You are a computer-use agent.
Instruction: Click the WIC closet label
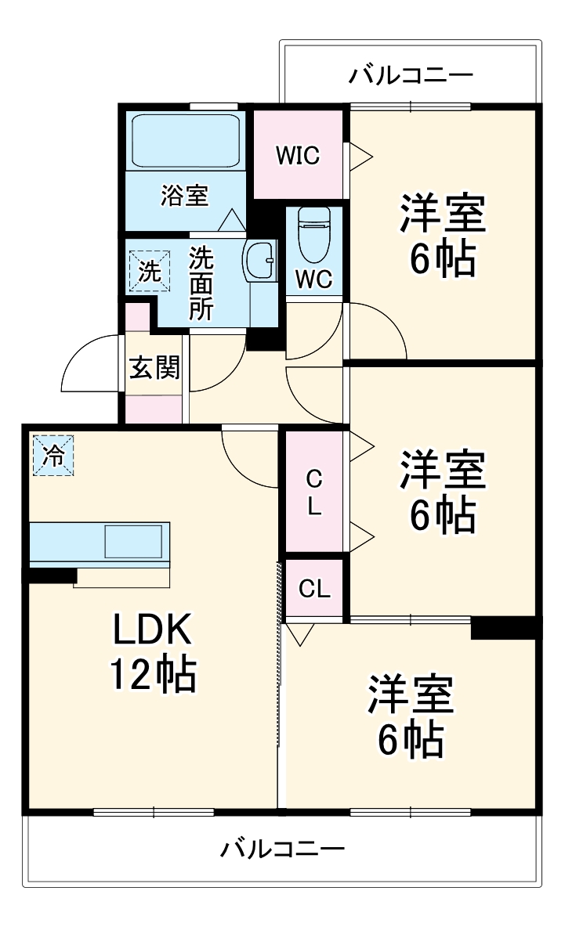pos(298,156)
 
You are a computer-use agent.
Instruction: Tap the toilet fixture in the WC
pos(314,234)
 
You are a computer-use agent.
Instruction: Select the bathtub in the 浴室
pos(186,141)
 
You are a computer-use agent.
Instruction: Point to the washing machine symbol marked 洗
pos(150,272)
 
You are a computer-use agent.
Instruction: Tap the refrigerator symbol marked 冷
pos(53,455)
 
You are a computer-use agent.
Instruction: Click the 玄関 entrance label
pos(154,368)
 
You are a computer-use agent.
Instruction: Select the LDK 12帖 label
pos(153,651)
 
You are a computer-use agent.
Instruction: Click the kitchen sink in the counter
pos(133,541)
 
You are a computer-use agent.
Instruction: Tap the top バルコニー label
pos(411,75)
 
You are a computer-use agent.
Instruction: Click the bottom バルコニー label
pos(282,849)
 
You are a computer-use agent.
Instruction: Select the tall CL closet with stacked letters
pos(314,492)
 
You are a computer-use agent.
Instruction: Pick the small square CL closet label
pos(314,588)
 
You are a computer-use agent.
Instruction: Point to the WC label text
pos(314,279)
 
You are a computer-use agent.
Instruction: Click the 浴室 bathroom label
pos(185,195)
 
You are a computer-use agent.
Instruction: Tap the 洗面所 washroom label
pos(201,283)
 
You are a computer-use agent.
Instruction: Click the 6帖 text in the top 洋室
pos(443,258)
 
